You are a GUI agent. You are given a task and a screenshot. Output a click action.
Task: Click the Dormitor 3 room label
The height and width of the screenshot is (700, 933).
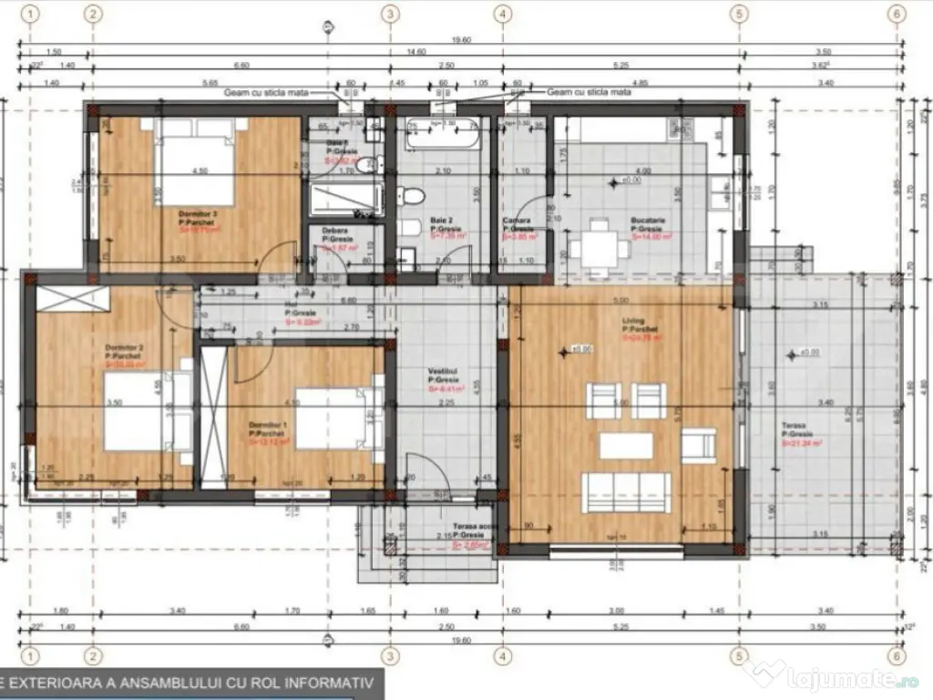click(198, 216)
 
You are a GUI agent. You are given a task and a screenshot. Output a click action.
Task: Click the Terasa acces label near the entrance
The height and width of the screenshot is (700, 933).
click(473, 527)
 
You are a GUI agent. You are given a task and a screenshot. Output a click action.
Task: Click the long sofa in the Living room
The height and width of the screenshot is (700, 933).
click(627, 492)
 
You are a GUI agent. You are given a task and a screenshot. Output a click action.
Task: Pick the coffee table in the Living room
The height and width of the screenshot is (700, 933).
click(626, 446)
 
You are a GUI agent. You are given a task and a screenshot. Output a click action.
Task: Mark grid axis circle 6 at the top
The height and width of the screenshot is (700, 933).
click(897, 14)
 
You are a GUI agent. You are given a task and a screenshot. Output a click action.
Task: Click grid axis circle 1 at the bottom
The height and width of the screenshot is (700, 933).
click(32, 655)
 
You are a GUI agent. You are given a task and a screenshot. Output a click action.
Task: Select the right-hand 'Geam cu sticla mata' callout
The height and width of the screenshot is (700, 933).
click(589, 92)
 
